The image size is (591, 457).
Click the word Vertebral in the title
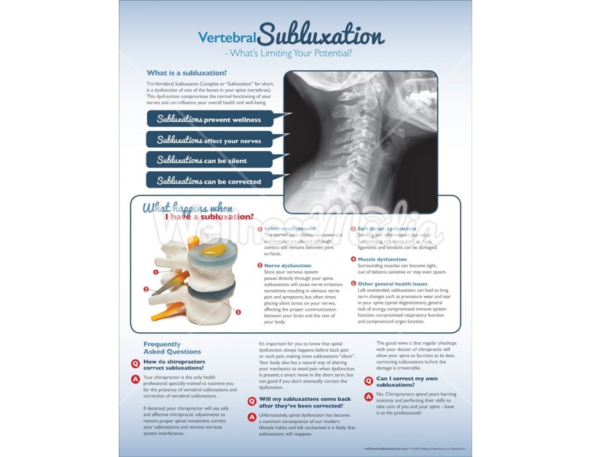229,38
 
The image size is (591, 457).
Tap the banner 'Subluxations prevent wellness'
210,119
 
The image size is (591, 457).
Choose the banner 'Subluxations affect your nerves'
210,140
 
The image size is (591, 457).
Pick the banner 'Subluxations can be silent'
210,160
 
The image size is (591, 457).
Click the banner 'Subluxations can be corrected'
210,181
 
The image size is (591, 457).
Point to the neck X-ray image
361,142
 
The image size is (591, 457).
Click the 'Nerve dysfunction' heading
287,265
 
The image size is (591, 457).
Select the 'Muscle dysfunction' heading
382,259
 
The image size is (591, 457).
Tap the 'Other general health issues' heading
392,284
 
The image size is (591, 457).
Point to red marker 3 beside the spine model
238,312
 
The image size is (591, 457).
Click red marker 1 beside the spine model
155,273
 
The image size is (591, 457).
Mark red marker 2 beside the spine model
146,290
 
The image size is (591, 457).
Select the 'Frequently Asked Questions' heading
172,348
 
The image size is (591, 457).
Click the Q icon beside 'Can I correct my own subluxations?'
369,381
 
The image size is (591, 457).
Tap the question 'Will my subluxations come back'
301,402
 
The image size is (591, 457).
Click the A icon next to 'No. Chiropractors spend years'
369,397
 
